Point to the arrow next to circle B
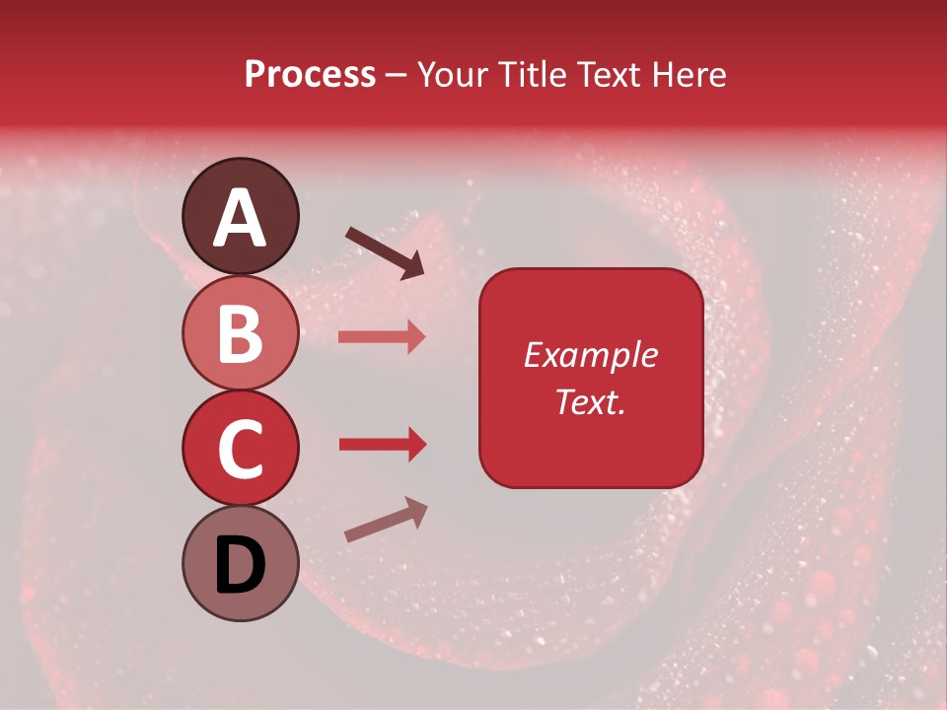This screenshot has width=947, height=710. click(382, 337)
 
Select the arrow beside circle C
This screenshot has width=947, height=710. click(382, 445)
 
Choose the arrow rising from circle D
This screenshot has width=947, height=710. click(386, 520)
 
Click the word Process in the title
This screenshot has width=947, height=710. click(310, 75)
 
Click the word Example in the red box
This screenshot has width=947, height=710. click(590, 355)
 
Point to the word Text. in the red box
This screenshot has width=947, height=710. click(590, 401)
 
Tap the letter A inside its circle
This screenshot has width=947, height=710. click(240, 218)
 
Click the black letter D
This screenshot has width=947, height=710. click(240, 565)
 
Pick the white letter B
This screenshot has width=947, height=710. click(240, 333)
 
